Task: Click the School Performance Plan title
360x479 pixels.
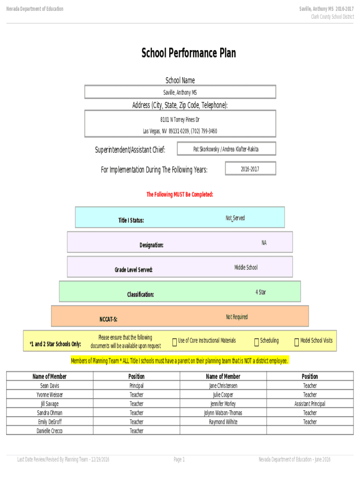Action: click(188, 53)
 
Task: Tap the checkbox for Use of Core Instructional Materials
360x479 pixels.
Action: click(174, 343)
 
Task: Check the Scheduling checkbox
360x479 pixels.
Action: click(256, 343)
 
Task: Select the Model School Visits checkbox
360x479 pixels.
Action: click(296, 343)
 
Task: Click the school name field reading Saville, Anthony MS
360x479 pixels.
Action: click(180, 93)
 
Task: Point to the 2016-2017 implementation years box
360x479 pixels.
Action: click(250, 169)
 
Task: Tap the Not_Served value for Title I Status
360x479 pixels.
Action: click(235, 218)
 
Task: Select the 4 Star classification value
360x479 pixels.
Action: click(261, 292)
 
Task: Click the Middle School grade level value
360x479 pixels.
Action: click(245, 268)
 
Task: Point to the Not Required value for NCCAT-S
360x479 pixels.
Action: click(237, 317)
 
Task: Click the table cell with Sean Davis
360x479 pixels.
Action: click(50, 386)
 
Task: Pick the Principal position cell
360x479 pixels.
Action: click(137, 386)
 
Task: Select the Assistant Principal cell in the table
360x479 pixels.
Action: click(310, 404)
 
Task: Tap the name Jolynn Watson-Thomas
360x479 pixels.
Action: click(223, 413)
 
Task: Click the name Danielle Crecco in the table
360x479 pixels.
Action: click(50, 431)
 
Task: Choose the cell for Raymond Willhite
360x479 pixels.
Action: click(223, 422)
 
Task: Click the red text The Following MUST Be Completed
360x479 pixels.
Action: click(180, 194)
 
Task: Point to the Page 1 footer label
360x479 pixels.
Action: click(179, 460)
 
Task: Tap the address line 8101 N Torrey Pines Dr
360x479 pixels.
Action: click(180, 120)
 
